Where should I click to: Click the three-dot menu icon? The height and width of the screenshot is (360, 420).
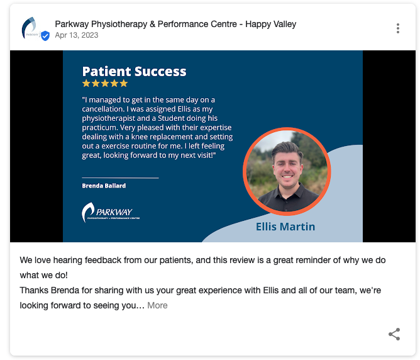[398, 28]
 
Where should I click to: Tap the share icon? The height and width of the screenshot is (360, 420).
[394, 334]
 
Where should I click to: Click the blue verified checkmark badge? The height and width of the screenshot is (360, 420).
[45, 36]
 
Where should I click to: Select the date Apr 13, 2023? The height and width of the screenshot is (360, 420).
[77, 35]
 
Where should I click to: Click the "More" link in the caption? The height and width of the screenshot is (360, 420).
[157, 305]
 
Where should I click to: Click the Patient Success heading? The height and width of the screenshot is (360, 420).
[134, 71]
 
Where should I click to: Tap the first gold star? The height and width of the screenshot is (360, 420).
[86, 83]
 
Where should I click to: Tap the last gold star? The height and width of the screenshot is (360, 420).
[123, 83]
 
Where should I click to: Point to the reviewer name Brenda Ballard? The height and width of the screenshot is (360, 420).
[104, 186]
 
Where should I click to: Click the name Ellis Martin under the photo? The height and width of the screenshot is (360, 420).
[285, 227]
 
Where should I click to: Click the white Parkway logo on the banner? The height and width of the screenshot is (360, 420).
[111, 212]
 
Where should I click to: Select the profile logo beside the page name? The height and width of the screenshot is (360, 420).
[31, 28]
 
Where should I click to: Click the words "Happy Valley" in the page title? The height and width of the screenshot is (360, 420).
[271, 24]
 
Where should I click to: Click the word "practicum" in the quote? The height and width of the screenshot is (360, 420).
[99, 128]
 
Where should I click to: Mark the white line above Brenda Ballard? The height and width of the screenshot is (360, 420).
[120, 177]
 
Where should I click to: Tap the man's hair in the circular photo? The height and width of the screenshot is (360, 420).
[287, 149]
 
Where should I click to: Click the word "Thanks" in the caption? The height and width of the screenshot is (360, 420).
[35, 290]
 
